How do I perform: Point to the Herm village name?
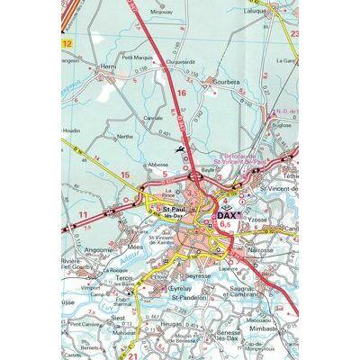108,67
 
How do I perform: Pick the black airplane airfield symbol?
181,148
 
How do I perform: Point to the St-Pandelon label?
187,296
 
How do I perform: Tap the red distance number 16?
180,93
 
